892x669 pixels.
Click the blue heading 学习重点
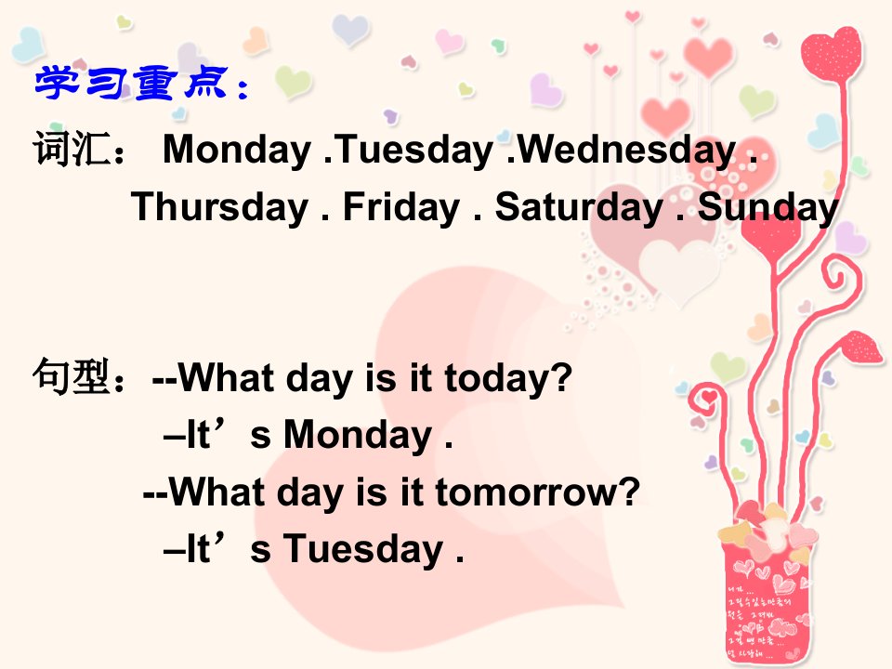tap(132, 83)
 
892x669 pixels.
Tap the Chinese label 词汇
tap(71, 149)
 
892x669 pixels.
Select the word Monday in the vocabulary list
tap(237, 151)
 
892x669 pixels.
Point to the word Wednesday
tap(626, 151)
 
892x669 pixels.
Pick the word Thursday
tap(219, 207)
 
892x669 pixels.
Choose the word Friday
tap(401, 207)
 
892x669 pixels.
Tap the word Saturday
tap(579, 207)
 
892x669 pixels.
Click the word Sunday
tap(768, 207)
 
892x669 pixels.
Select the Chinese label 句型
tap(71, 376)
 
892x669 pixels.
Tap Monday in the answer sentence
tap(358, 436)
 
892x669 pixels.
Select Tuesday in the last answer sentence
tap(363, 549)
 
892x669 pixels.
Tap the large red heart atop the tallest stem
tap(831, 54)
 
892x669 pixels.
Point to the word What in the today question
tap(226, 377)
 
